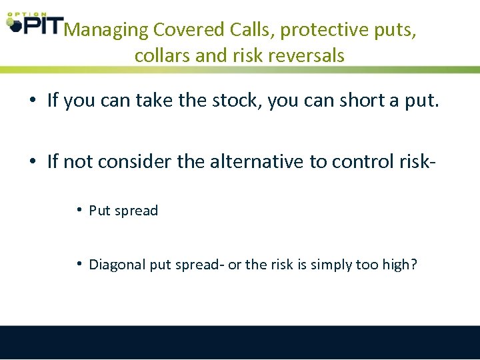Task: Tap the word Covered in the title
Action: (189, 30)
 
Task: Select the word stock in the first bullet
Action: (239, 101)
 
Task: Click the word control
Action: (355, 161)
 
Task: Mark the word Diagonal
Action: (117, 265)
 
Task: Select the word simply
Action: (330, 265)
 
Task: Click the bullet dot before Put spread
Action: (79, 211)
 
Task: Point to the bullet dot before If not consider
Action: (32, 161)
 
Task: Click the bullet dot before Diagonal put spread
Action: (79, 264)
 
